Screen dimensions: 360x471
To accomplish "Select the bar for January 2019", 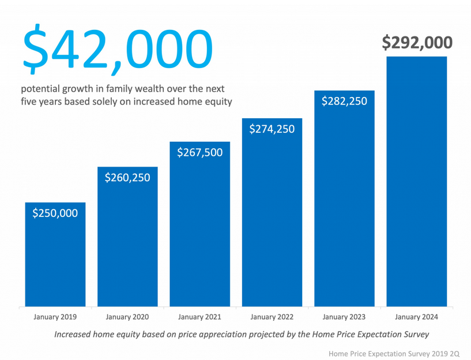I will (x=55, y=260).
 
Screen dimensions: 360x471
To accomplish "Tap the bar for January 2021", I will (x=199, y=231).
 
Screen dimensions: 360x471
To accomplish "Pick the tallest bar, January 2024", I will (x=416, y=185).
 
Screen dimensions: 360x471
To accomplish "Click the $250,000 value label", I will (x=55, y=213).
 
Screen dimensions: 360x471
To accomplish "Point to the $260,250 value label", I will (x=127, y=177).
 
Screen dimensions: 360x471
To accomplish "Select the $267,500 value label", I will (x=199, y=152).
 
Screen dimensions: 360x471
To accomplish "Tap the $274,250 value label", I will (x=272, y=129).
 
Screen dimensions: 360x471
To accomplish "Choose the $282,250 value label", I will (x=344, y=101).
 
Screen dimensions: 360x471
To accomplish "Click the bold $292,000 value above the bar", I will (x=417, y=43).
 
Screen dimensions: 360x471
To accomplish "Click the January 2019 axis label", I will (x=55, y=317).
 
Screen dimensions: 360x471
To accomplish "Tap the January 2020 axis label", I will (x=127, y=317).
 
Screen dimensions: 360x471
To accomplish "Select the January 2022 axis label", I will (x=272, y=317).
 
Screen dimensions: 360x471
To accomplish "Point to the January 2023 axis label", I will (x=344, y=317).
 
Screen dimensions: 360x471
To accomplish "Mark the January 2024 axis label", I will (x=416, y=317).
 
